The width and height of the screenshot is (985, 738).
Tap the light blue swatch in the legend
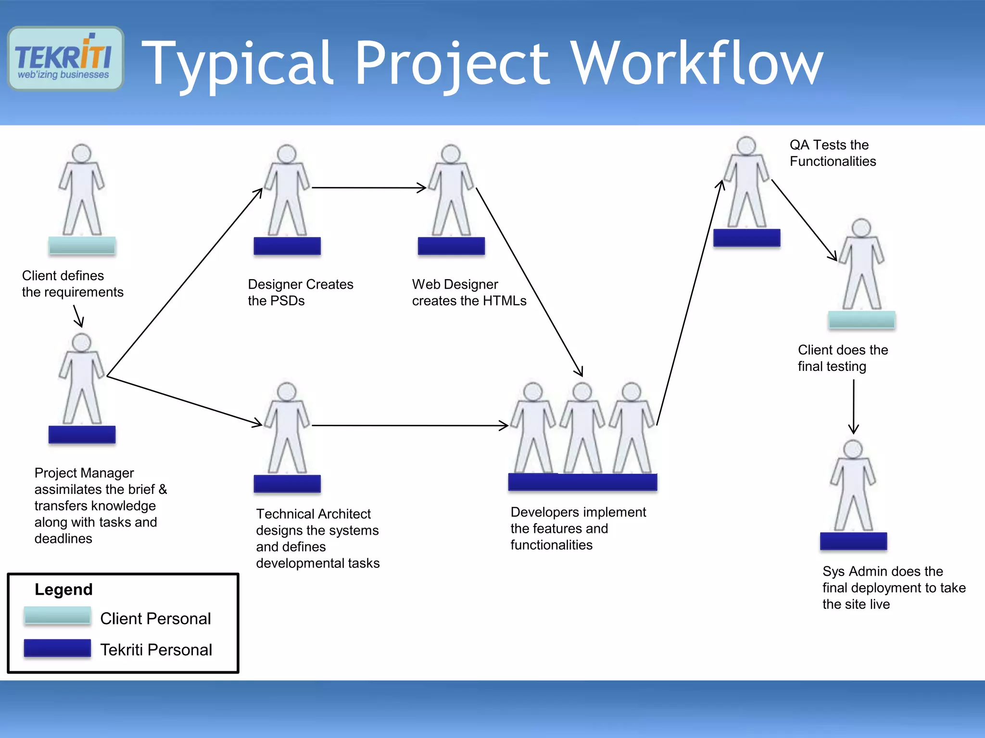pyautogui.click(x=57, y=615)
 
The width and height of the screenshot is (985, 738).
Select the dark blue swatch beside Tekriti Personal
pyautogui.click(x=57, y=648)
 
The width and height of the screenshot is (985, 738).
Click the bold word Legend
pyautogui.click(x=63, y=589)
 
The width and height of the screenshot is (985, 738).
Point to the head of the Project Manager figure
pyautogui.click(x=81, y=343)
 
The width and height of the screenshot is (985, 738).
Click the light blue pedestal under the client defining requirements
pyautogui.click(x=82, y=246)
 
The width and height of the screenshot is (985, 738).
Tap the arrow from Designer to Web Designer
pyautogui.click(x=368, y=187)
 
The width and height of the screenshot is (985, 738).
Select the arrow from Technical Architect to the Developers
pyautogui.click(x=409, y=425)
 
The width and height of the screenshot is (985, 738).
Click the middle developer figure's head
pyautogui.click(x=582, y=392)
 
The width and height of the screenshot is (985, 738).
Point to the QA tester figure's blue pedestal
pyautogui.click(x=746, y=238)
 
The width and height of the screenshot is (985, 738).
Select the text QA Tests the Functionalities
pyautogui.click(x=832, y=153)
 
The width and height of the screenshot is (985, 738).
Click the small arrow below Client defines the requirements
pyautogui.click(x=78, y=316)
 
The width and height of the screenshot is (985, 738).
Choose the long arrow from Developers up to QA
pyautogui.click(x=689, y=303)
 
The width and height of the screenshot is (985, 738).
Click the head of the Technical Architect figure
pyautogui.click(x=287, y=392)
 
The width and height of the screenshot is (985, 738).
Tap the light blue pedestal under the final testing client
pyautogui.click(x=861, y=320)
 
